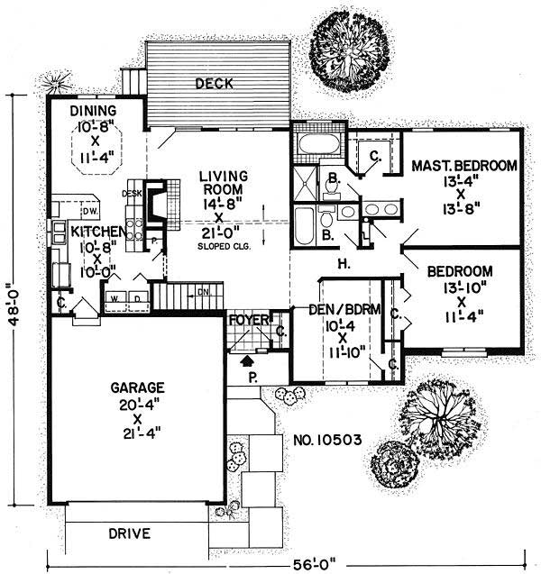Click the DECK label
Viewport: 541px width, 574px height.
(x=213, y=84)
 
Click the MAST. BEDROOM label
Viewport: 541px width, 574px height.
(x=463, y=166)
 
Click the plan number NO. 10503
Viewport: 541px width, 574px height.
(x=328, y=441)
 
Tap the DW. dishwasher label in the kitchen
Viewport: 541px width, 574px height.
(x=88, y=211)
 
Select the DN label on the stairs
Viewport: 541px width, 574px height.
(x=204, y=292)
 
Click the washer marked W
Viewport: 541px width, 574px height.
(x=115, y=297)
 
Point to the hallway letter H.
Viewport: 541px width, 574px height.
(x=344, y=264)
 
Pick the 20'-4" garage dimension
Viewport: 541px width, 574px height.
(x=137, y=405)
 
